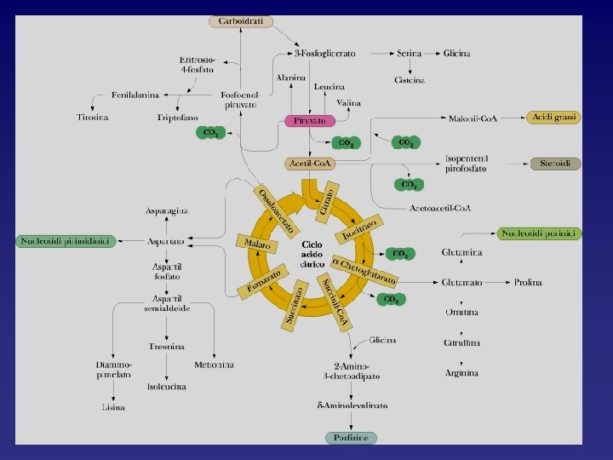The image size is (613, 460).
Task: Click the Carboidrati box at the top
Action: tap(241, 20)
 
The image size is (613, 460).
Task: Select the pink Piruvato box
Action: tap(310, 121)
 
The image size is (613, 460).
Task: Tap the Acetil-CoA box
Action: tap(311, 163)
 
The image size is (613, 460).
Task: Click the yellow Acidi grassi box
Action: tap(553, 118)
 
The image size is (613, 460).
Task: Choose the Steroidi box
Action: tap(555, 163)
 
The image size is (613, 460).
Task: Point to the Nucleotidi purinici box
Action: tap(541, 233)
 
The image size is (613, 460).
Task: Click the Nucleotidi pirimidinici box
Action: tap(65, 241)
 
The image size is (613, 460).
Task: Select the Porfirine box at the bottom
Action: tap(351, 438)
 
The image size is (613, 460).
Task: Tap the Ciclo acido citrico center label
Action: tap(311, 254)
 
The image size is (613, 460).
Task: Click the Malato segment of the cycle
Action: tap(258, 244)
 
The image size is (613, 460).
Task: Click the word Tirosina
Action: tap(92, 117)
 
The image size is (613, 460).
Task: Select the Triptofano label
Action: tap(177, 117)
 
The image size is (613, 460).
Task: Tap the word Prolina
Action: tap(528, 282)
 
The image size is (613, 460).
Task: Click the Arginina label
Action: tap(462, 373)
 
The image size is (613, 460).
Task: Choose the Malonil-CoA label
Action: tap(473, 118)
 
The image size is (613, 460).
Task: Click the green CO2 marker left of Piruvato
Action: tap(210, 134)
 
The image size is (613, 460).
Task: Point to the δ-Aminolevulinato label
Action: tap(352, 405)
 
